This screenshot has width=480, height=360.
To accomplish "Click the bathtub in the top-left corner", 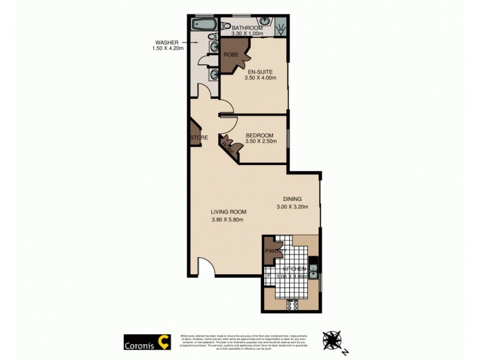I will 205,25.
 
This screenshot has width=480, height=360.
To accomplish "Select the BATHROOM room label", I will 248,28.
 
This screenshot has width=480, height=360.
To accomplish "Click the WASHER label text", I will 167,43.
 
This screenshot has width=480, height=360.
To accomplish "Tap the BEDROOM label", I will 260,135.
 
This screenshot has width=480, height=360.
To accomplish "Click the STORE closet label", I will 199,138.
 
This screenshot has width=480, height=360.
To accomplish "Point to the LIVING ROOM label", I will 228,212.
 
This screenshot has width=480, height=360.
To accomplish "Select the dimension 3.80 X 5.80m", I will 229,220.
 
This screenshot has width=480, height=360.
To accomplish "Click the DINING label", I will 292,200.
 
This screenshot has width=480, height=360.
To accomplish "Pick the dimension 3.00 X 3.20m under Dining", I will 292,208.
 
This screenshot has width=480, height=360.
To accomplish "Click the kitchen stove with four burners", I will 293,304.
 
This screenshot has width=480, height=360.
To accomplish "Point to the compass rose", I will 333,340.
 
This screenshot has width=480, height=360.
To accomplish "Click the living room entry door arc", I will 205,266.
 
